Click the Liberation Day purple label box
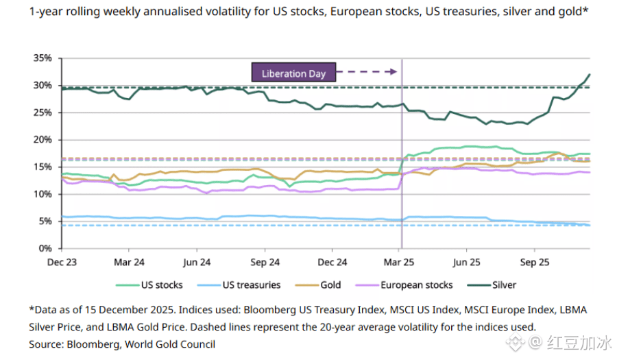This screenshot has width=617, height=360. tap(293, 73)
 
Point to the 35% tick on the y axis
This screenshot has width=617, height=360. tap(43, 58)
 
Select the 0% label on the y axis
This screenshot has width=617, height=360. tap(45, 248)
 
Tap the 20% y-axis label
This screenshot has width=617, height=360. tap(43, 139)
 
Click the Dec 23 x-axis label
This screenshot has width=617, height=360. tap(62, 262)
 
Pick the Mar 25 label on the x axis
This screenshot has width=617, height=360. tap(400, 262)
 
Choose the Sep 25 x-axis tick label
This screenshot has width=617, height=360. tap(535, 262)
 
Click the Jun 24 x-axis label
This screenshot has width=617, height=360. tap(197, 262)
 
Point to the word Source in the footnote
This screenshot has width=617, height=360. tap(45, 344)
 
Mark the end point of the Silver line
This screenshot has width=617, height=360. tap(590, 75)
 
